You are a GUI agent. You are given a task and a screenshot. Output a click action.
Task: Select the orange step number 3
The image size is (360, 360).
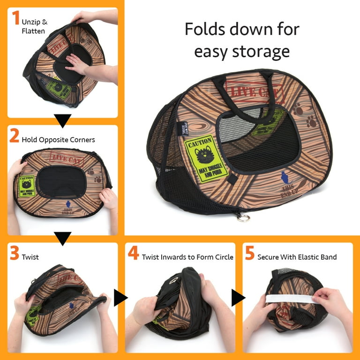(x=15, y=255)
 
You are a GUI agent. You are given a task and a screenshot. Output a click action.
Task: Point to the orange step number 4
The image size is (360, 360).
(x=134, y=255)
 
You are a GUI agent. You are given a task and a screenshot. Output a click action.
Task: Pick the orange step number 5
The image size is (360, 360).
(x=250, y=255)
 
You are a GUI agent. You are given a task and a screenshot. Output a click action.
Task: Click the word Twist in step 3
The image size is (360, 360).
(x=30, y=257)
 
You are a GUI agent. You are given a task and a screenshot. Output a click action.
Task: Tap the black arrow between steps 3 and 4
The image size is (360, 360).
(x=120, y=297)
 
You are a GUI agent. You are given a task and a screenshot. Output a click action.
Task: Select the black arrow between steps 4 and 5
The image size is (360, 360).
(x=238, y=297)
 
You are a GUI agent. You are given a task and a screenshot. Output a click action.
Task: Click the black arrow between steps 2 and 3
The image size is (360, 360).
(x=63, y=238)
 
